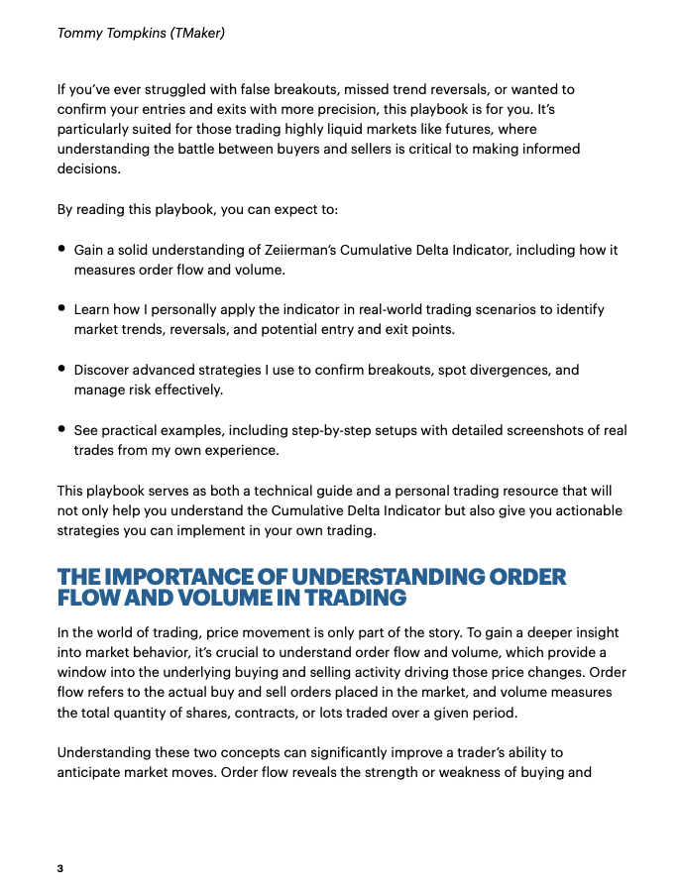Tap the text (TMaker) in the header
(197, 34)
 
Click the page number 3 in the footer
(59, 869)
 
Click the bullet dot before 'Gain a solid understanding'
(61, 250)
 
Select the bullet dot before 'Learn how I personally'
(61, 309)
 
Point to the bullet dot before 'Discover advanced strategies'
(61, 369)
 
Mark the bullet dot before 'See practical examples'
(61, 429)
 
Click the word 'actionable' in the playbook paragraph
(587, 510)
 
